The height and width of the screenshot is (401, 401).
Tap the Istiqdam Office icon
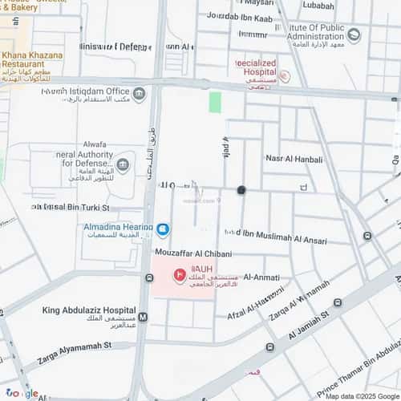[x=139, y=95]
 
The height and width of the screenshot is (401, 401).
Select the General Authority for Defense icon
[x=123, y=165]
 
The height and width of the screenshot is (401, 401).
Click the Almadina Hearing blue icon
[x=163, y=230]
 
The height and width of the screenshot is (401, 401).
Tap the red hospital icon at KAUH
[x=179, y=277]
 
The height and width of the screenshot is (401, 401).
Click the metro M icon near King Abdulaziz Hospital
[x=143, y=317]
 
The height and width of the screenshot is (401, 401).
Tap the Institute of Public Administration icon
[x=354, y=35]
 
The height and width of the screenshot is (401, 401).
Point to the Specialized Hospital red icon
[x=285, y=77]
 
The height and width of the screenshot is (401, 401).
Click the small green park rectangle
[x=214, y=102]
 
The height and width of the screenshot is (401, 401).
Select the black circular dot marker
[x=241, y=190]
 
